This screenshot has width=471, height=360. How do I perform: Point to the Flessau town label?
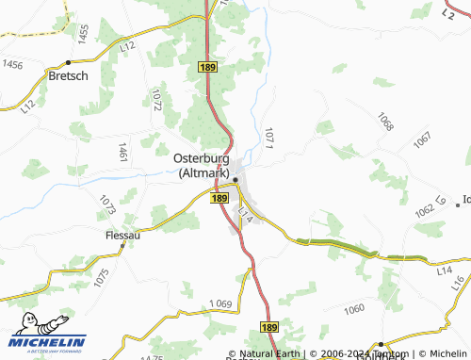[x=122, y=235]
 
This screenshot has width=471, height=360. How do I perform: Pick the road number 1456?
[x=13, y=64]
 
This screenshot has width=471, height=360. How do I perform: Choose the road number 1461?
[x=122, y=153]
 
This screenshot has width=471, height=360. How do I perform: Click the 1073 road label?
[x=106, y=204]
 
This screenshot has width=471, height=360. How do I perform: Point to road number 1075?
[x=102, y=278]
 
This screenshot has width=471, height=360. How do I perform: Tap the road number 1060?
[x=354, y=309]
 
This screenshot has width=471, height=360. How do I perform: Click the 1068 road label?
[x=385, y=121]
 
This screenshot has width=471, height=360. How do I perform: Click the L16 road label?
[x=459, y=282]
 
